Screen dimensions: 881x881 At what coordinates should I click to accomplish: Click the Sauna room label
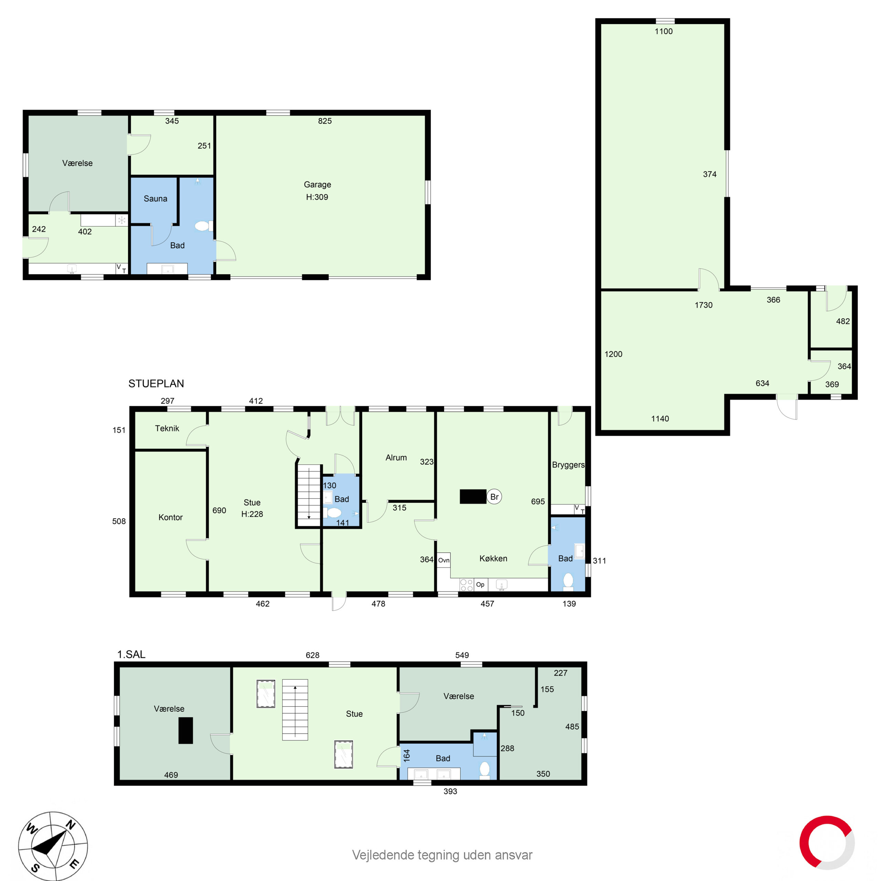155,198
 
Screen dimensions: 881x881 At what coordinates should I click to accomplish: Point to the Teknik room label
167,428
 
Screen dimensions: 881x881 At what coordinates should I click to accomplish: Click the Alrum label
396,457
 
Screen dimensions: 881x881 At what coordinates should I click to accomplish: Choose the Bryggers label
568,465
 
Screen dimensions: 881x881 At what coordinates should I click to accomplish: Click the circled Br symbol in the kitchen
494,497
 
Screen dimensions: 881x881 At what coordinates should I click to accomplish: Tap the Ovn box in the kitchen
444,560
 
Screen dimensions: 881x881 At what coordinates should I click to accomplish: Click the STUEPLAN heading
156,383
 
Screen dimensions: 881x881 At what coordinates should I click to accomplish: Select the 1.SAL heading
131,654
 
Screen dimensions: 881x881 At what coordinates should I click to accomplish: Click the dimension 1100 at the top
664,31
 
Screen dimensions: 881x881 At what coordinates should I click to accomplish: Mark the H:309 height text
317,197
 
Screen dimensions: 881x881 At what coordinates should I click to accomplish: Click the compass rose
53,846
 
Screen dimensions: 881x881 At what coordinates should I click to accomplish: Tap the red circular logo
827,843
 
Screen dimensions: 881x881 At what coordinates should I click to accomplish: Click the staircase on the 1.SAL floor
295,710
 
